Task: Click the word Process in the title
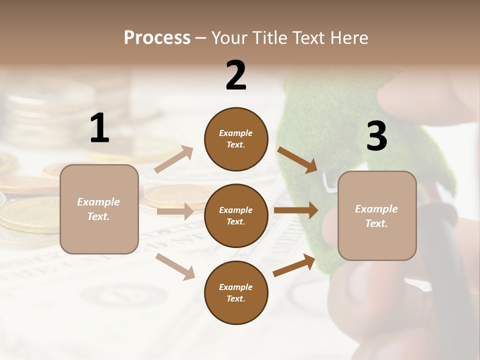[157, 38]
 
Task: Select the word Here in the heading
[348, 38]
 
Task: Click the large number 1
[99, 128]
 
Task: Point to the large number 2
[236, 75]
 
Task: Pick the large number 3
[376, 136]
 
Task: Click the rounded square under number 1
[99, 209]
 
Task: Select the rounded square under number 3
[377, 215]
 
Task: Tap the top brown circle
[236, 139]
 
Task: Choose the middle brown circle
[236, 215]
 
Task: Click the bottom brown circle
[236, 292]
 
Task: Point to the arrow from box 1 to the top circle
[174, 159]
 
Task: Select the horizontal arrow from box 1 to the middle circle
[175, 211]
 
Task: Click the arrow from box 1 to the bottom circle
[175, 266]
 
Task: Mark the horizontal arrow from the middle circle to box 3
[295, 210]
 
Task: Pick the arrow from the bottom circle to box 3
[294, 265]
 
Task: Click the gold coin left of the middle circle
[172, 195]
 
